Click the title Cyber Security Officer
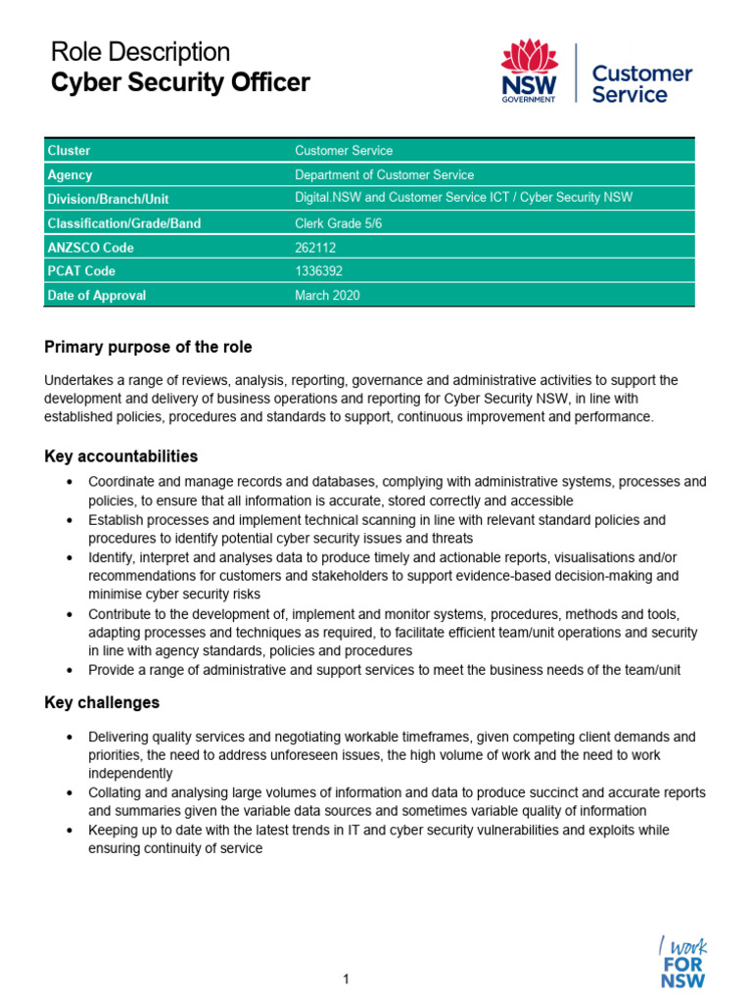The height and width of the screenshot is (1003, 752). coord(180,83)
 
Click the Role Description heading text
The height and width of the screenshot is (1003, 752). coord(140,52)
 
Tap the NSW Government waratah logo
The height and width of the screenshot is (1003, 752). coord(529,71)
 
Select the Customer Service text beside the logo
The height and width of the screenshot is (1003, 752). coord(642,84)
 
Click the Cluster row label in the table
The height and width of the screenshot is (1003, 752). coord(69,151)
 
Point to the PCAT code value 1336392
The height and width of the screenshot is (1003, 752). coord(318,271)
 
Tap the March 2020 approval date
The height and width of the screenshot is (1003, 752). coord(327,296)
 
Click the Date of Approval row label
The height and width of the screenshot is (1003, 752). coord(97,296)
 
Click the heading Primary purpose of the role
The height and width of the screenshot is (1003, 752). coord(148,347)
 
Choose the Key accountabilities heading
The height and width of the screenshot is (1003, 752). coord(121,456)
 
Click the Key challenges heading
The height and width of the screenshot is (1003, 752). coord(102,703)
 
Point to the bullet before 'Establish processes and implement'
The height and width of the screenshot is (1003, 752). coord(68,520)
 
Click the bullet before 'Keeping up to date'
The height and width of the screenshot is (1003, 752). coord(68,831)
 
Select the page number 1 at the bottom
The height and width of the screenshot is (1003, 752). coord(347,979)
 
